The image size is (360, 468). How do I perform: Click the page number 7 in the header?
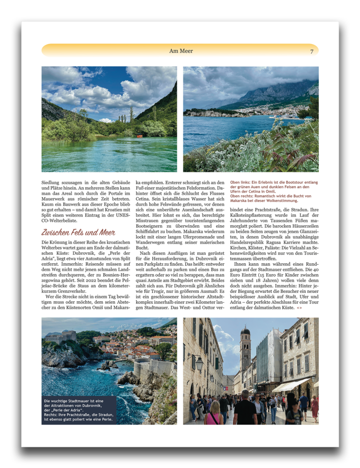[312, 51]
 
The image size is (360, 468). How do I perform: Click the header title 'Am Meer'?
[181, 51]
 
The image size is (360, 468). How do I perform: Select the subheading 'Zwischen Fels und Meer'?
[78, 232]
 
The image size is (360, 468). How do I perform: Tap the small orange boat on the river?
[139, 136]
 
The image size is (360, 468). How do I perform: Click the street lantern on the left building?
[199, 362]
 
